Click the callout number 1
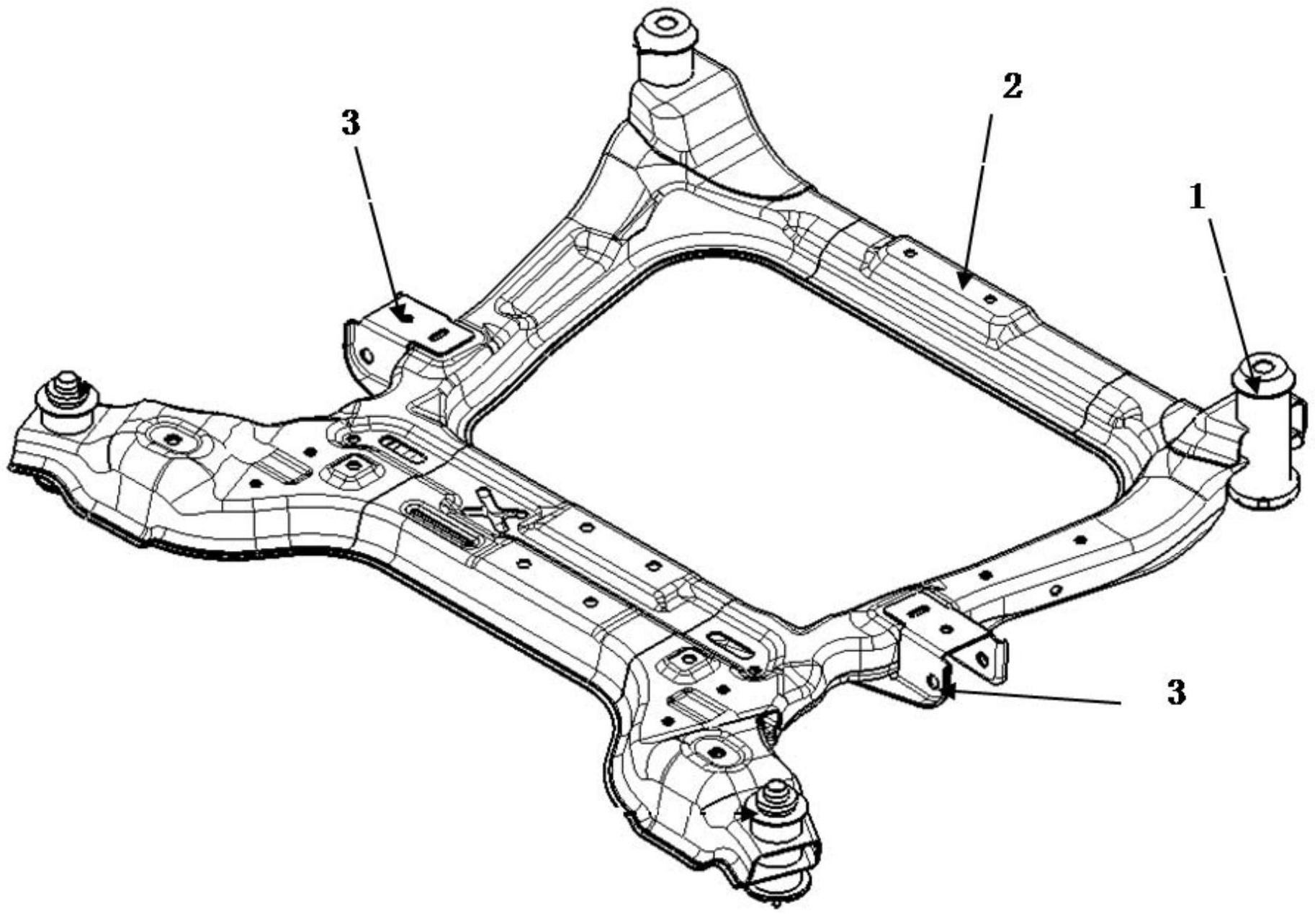[x=1196, y=197]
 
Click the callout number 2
[x=1011, y=87]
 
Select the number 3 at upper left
[x=350, y=124]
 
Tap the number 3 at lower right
[x=1175, y=693]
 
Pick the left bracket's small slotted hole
[x=439, y=335]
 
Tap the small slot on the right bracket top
[x=918, y=611]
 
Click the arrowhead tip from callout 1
[x=1254, y=390]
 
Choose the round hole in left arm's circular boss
[x=171, y=437]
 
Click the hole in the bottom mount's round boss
[x=717, y=752]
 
